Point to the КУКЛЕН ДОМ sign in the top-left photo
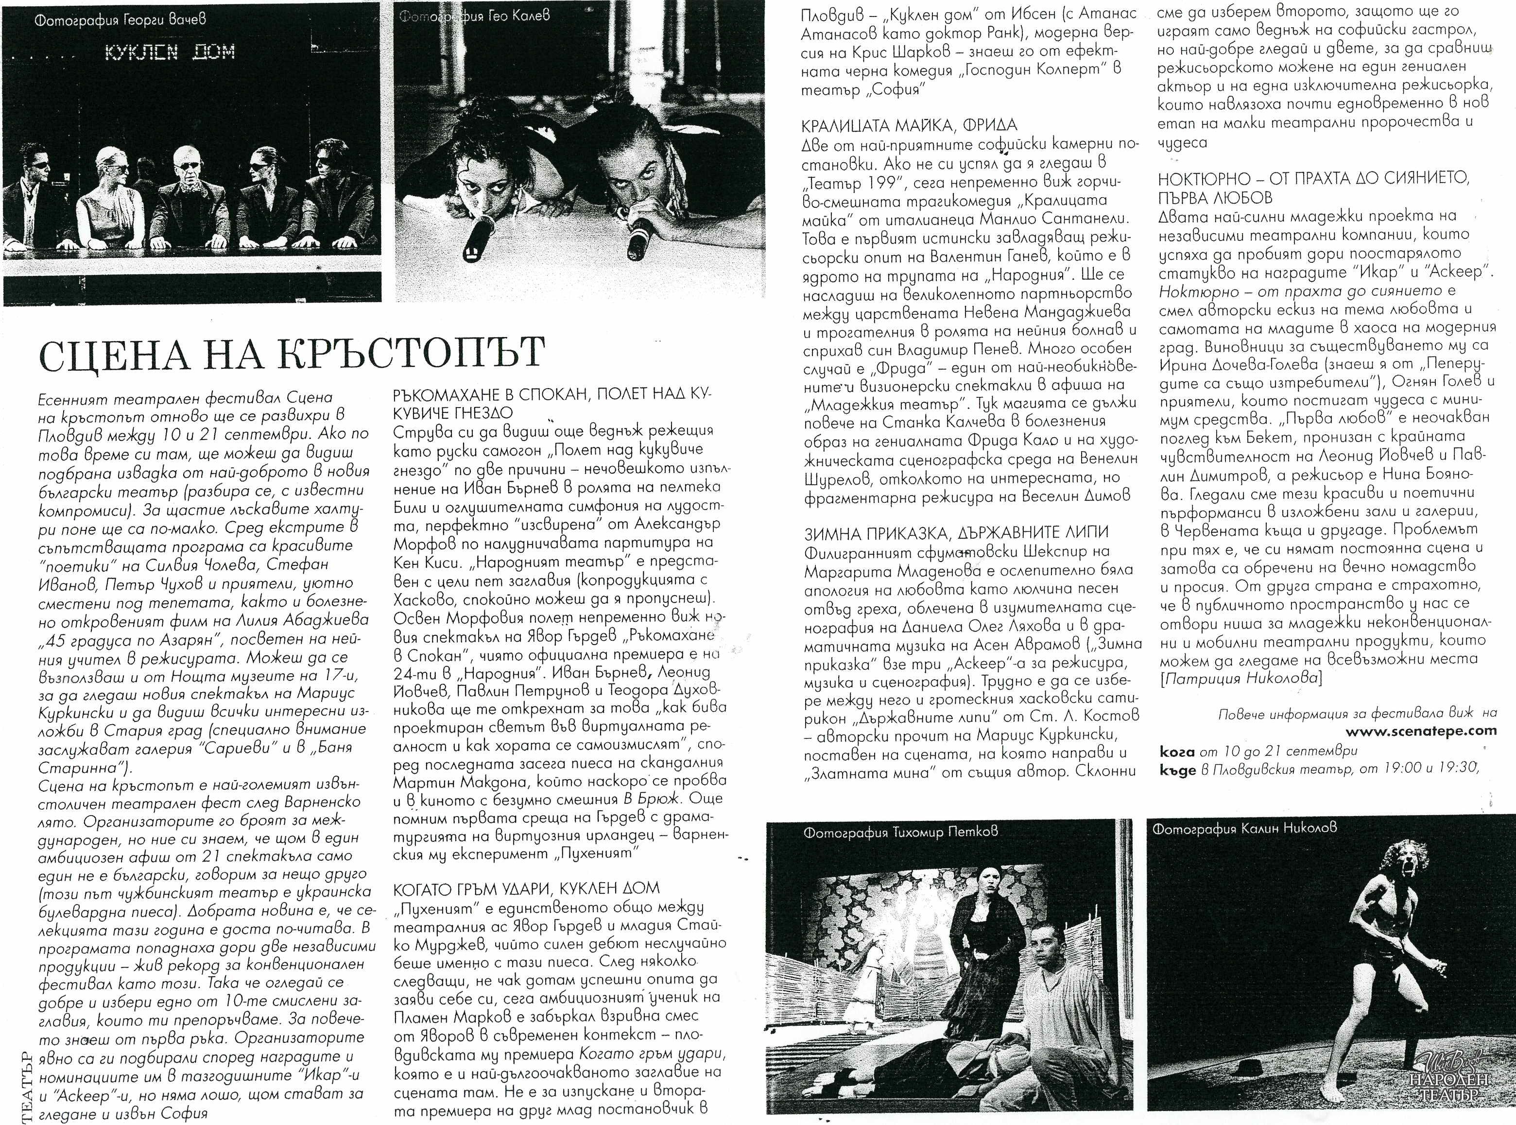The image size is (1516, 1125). coord(170,52)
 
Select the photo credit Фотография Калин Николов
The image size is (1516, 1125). coord(1244,828)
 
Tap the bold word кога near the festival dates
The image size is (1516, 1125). coord(1176,751)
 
